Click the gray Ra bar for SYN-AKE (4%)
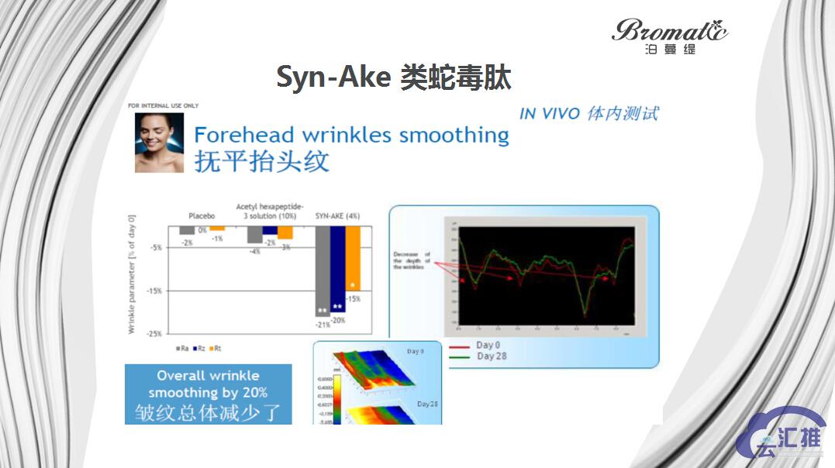(323, 270)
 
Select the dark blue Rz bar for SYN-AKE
(338, 268)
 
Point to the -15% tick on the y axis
(154, 291)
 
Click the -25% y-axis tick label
(154, 333)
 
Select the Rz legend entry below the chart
(200, 349)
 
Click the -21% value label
(323, 325)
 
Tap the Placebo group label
(202, 216)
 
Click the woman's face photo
(159, 143)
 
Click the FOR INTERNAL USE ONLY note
(163, 105)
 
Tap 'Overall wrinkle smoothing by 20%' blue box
(208, 394)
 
